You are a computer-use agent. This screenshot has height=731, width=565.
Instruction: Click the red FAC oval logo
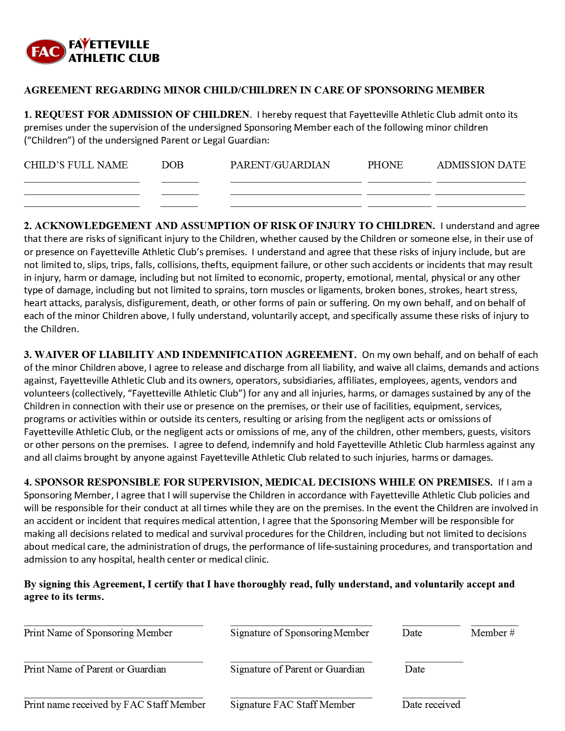[46, 51]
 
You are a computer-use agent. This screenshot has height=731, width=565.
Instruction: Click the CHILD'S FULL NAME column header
[76, 165]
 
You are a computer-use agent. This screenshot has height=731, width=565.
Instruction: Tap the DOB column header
[172, 165]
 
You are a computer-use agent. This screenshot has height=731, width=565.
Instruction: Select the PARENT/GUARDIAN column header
[280, 165]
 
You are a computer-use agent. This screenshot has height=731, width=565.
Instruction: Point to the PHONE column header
[385, 165]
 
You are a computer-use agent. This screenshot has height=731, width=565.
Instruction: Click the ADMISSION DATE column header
[481, 165]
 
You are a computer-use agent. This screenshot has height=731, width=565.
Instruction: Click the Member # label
[493, 633]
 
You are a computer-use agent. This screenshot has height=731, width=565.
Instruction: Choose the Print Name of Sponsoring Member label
[98, 633]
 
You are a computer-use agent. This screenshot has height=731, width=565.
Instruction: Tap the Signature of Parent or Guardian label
[297, 669]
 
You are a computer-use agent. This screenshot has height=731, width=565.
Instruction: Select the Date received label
[431, 705]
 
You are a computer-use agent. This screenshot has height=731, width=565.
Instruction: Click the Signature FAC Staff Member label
[292, 705]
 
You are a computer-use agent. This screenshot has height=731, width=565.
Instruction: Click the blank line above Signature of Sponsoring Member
[301, 625]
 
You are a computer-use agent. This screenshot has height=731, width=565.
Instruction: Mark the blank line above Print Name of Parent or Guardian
[113, 661]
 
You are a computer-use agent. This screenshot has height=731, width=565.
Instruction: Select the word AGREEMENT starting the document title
[58, 90]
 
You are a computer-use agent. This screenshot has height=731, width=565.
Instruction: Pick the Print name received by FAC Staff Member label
[115, 705]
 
